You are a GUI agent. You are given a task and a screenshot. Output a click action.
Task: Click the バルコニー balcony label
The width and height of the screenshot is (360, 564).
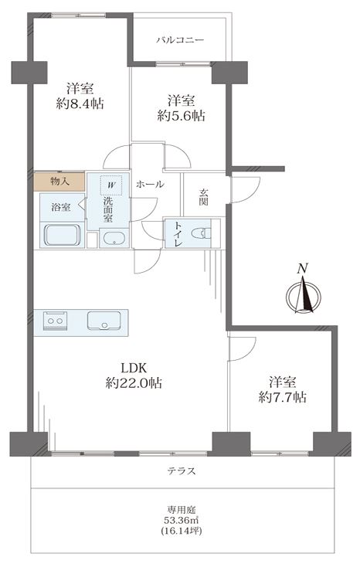tap(180, 40)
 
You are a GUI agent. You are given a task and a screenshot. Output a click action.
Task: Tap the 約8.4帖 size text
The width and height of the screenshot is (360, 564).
tap(80, 104)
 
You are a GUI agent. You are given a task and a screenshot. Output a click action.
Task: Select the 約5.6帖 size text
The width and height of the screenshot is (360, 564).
tap(182, 116)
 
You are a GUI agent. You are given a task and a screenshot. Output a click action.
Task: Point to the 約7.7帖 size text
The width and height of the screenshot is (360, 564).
tap(283, 397)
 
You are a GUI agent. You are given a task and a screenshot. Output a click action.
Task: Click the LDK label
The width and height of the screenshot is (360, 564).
tap(134, 368)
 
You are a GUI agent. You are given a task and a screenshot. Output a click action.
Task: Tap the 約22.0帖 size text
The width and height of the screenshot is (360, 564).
tap(134, 383)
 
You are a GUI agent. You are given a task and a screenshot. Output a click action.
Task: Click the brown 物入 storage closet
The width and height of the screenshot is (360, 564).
tap(59, 182)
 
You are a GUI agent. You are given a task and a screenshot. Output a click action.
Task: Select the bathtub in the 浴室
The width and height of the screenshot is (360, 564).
tap(63, 235)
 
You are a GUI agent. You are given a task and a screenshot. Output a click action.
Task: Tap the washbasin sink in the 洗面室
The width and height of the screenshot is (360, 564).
tap(114, 239)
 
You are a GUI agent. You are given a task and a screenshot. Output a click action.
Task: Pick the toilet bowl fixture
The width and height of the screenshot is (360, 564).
tap(201, 233)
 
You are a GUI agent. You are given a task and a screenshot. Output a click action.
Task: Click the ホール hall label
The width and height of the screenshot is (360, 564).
tap(150, 185)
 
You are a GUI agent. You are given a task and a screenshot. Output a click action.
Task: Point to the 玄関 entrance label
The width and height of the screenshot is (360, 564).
tap(203, 197)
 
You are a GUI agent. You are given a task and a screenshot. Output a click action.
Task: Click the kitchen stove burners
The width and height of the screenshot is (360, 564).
tap(56, 321)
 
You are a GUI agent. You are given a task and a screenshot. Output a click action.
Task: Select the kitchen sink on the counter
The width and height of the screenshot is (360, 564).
tap(104, 321)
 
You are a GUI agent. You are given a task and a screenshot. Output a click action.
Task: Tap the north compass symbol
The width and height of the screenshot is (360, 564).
tap(304, 296)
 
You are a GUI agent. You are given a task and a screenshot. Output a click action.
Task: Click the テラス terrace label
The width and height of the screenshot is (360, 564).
tap(182, 471)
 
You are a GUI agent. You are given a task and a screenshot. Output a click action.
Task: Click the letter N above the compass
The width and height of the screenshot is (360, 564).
tap(304, 268)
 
